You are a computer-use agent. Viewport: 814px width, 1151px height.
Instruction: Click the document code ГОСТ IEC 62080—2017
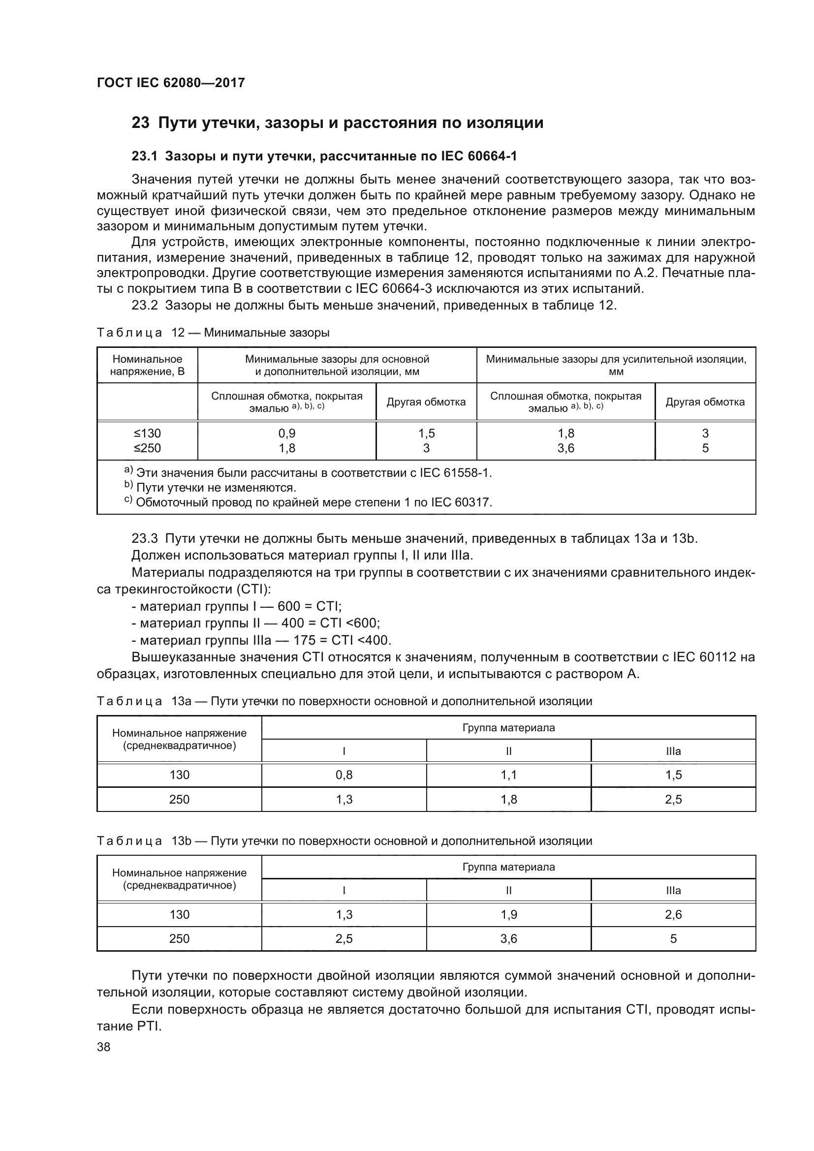171,83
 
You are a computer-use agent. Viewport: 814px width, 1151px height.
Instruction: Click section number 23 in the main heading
140,123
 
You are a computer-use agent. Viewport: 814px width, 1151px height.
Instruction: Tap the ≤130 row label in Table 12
147,433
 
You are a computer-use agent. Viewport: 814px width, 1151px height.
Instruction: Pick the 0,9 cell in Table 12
287,433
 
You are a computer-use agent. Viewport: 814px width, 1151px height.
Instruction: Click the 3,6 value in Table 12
565,448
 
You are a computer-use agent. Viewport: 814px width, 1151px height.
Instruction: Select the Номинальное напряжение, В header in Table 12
147,366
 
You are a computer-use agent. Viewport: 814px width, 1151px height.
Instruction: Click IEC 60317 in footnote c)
462,502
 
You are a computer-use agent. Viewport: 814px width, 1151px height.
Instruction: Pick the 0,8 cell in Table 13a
344,775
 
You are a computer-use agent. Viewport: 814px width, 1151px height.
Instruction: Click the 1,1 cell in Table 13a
508,775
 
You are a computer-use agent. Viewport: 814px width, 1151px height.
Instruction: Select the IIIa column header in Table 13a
673,751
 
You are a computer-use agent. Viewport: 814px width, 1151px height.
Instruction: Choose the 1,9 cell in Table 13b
508,915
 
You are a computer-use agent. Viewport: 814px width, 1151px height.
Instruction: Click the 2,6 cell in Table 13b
673,915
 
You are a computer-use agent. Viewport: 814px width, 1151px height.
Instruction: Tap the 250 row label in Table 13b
179,939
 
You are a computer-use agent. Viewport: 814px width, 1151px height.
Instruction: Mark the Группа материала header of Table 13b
508,867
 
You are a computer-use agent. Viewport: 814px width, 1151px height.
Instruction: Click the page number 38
104,1047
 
